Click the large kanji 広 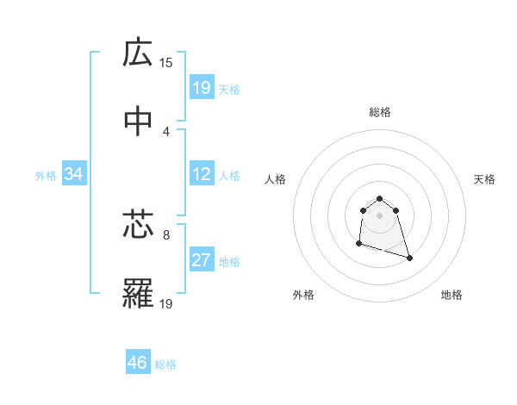click(138, 54)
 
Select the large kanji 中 click(138, 121)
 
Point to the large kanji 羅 click(138, 294)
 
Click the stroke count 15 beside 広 click(166, 63)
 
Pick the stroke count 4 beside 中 click(165, 131)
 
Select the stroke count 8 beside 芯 click(165, 234)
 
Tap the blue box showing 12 click(202, 175)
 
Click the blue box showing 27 click(202, 261)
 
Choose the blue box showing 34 click(74, 175)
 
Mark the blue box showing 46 click(138, 363)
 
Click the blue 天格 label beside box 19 click(229, 90)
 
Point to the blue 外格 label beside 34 click(46, 176)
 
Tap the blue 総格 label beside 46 click(165, 364)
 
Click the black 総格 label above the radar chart click(379, 113)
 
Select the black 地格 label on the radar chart click(452, 296)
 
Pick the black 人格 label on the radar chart click(276, 179)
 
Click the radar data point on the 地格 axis click(409, 258)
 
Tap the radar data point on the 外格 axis click(358, 244)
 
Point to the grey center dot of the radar click(379, 215)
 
